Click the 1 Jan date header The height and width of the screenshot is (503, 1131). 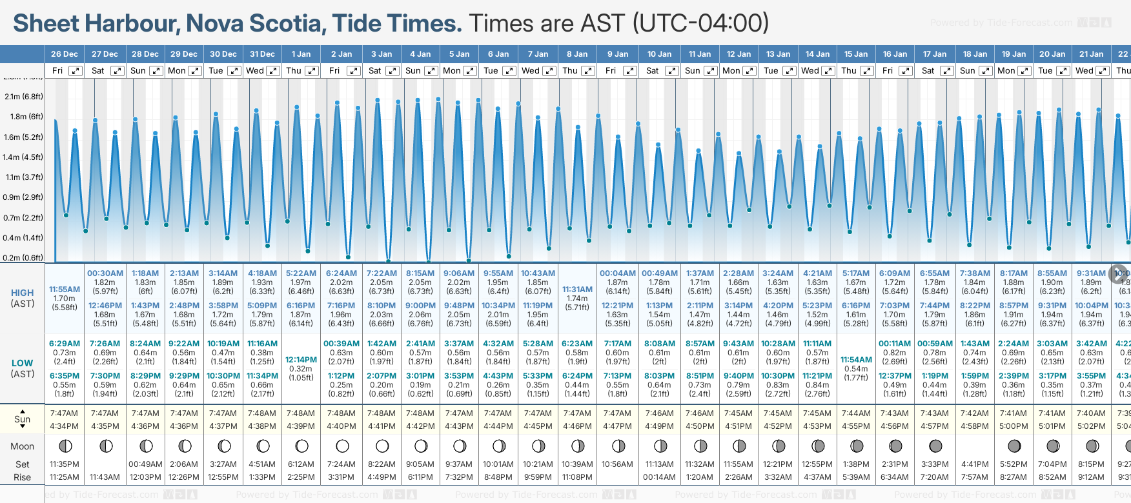[x=301, y=54]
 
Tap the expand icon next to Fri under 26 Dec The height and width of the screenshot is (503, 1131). [x=76, y=71]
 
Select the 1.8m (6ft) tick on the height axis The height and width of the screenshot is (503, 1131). [x=23, y=117]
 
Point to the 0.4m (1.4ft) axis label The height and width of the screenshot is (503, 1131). [x=23, y=237]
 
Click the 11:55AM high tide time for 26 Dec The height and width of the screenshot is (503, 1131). [x=65, y=290]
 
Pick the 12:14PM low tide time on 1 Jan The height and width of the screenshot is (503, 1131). [x=301, y=360]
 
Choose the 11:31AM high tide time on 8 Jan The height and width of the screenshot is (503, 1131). [x=577, y=290]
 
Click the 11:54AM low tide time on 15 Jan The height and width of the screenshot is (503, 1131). [x=856, y=360]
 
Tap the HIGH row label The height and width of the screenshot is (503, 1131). [x=23, y=293]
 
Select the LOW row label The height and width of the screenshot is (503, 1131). [x=23, y=364]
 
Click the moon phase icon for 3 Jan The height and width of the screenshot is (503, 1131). [x=382, y=446]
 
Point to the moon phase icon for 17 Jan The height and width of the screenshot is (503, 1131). [x=935, y=446]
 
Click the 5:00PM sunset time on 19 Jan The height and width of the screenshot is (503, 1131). [x=1014, y=426]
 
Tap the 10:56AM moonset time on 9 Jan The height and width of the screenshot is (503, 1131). [x=617, y=464]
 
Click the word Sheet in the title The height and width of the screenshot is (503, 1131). [x=47, y=23]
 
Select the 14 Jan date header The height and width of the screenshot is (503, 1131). [x=817, y=54]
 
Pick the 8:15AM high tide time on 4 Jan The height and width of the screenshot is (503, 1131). [x=420, y=273]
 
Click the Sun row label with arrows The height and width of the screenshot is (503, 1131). [x=23, y=419]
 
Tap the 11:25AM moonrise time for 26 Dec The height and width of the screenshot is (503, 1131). [x=65, y=477]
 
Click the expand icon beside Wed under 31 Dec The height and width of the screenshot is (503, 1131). [x=273, y=71]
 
